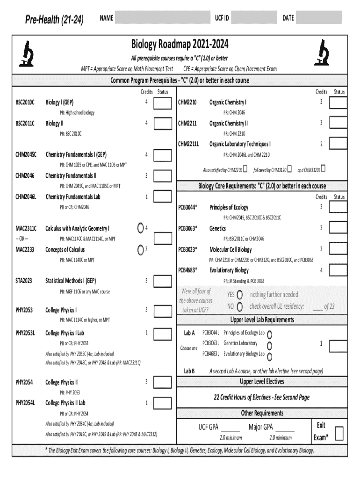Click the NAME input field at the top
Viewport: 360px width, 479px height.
pos(161,18)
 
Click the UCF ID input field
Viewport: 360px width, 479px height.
pos(254,18)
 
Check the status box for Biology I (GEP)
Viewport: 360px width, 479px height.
pos(163,102)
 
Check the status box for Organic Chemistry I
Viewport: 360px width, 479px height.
pos(338,102)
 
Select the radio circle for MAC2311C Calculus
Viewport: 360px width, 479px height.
pos(141,228)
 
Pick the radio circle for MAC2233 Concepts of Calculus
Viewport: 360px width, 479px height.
pos(141,250)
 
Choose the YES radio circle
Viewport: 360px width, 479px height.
pos(240,295)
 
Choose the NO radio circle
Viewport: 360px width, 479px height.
pos(240,307)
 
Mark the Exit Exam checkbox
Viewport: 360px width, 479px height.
pos(340,433)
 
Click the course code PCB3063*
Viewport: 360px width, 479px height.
pos(187,228)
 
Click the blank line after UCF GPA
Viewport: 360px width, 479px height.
pos(230,428)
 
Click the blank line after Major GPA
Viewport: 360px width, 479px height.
pos(285,428)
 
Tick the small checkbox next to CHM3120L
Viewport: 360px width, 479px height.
pos(324,168)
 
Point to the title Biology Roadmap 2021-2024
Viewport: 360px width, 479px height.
pos(180,45)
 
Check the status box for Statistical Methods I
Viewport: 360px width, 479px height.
pos(163,281)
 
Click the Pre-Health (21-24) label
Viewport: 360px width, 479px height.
pos(55,19)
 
